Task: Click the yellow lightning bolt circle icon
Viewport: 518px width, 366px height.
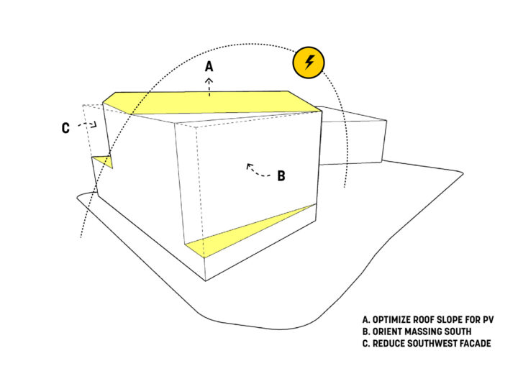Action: click(309, 63)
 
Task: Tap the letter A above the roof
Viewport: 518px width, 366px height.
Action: click(209, 66)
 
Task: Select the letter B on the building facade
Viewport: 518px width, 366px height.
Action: click(281, 175)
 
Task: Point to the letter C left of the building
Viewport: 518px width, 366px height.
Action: click(65, 128)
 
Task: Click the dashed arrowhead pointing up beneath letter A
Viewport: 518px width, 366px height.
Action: click(209, 81)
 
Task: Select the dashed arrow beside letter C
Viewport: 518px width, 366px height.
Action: click(87, 124)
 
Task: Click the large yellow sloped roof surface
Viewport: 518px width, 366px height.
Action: click(212, 103)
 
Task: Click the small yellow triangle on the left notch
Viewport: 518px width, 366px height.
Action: click(105, 161)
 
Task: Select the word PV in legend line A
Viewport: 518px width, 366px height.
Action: click(489, 320)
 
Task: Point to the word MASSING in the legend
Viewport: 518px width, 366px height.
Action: click(421, 331)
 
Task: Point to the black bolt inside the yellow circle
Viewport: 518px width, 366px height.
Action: click(309, 62)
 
